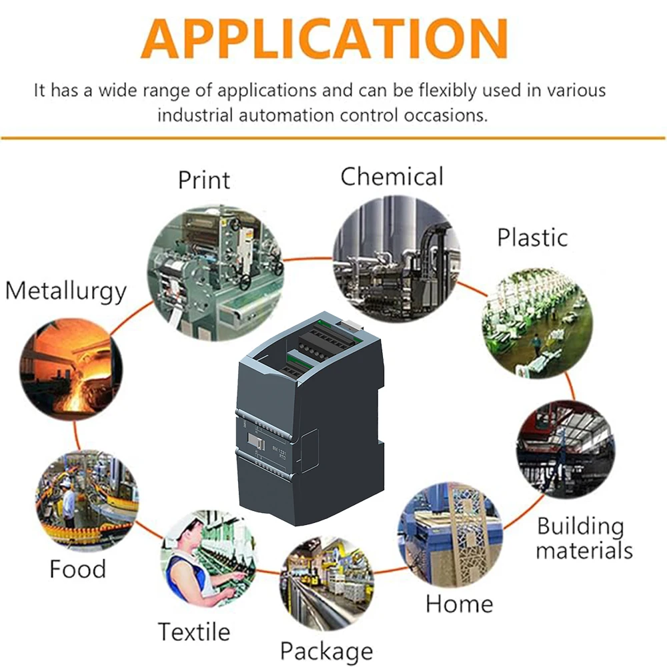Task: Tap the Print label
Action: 203,179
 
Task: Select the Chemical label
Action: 392,177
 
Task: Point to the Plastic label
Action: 532,237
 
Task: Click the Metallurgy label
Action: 65,291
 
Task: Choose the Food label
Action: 77,569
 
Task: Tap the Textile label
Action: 193,631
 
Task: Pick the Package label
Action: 326,650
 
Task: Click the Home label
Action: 459,604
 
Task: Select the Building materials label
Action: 584,538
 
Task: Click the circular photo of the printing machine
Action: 215,267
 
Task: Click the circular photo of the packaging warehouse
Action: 327,582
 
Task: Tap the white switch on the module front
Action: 255,440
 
